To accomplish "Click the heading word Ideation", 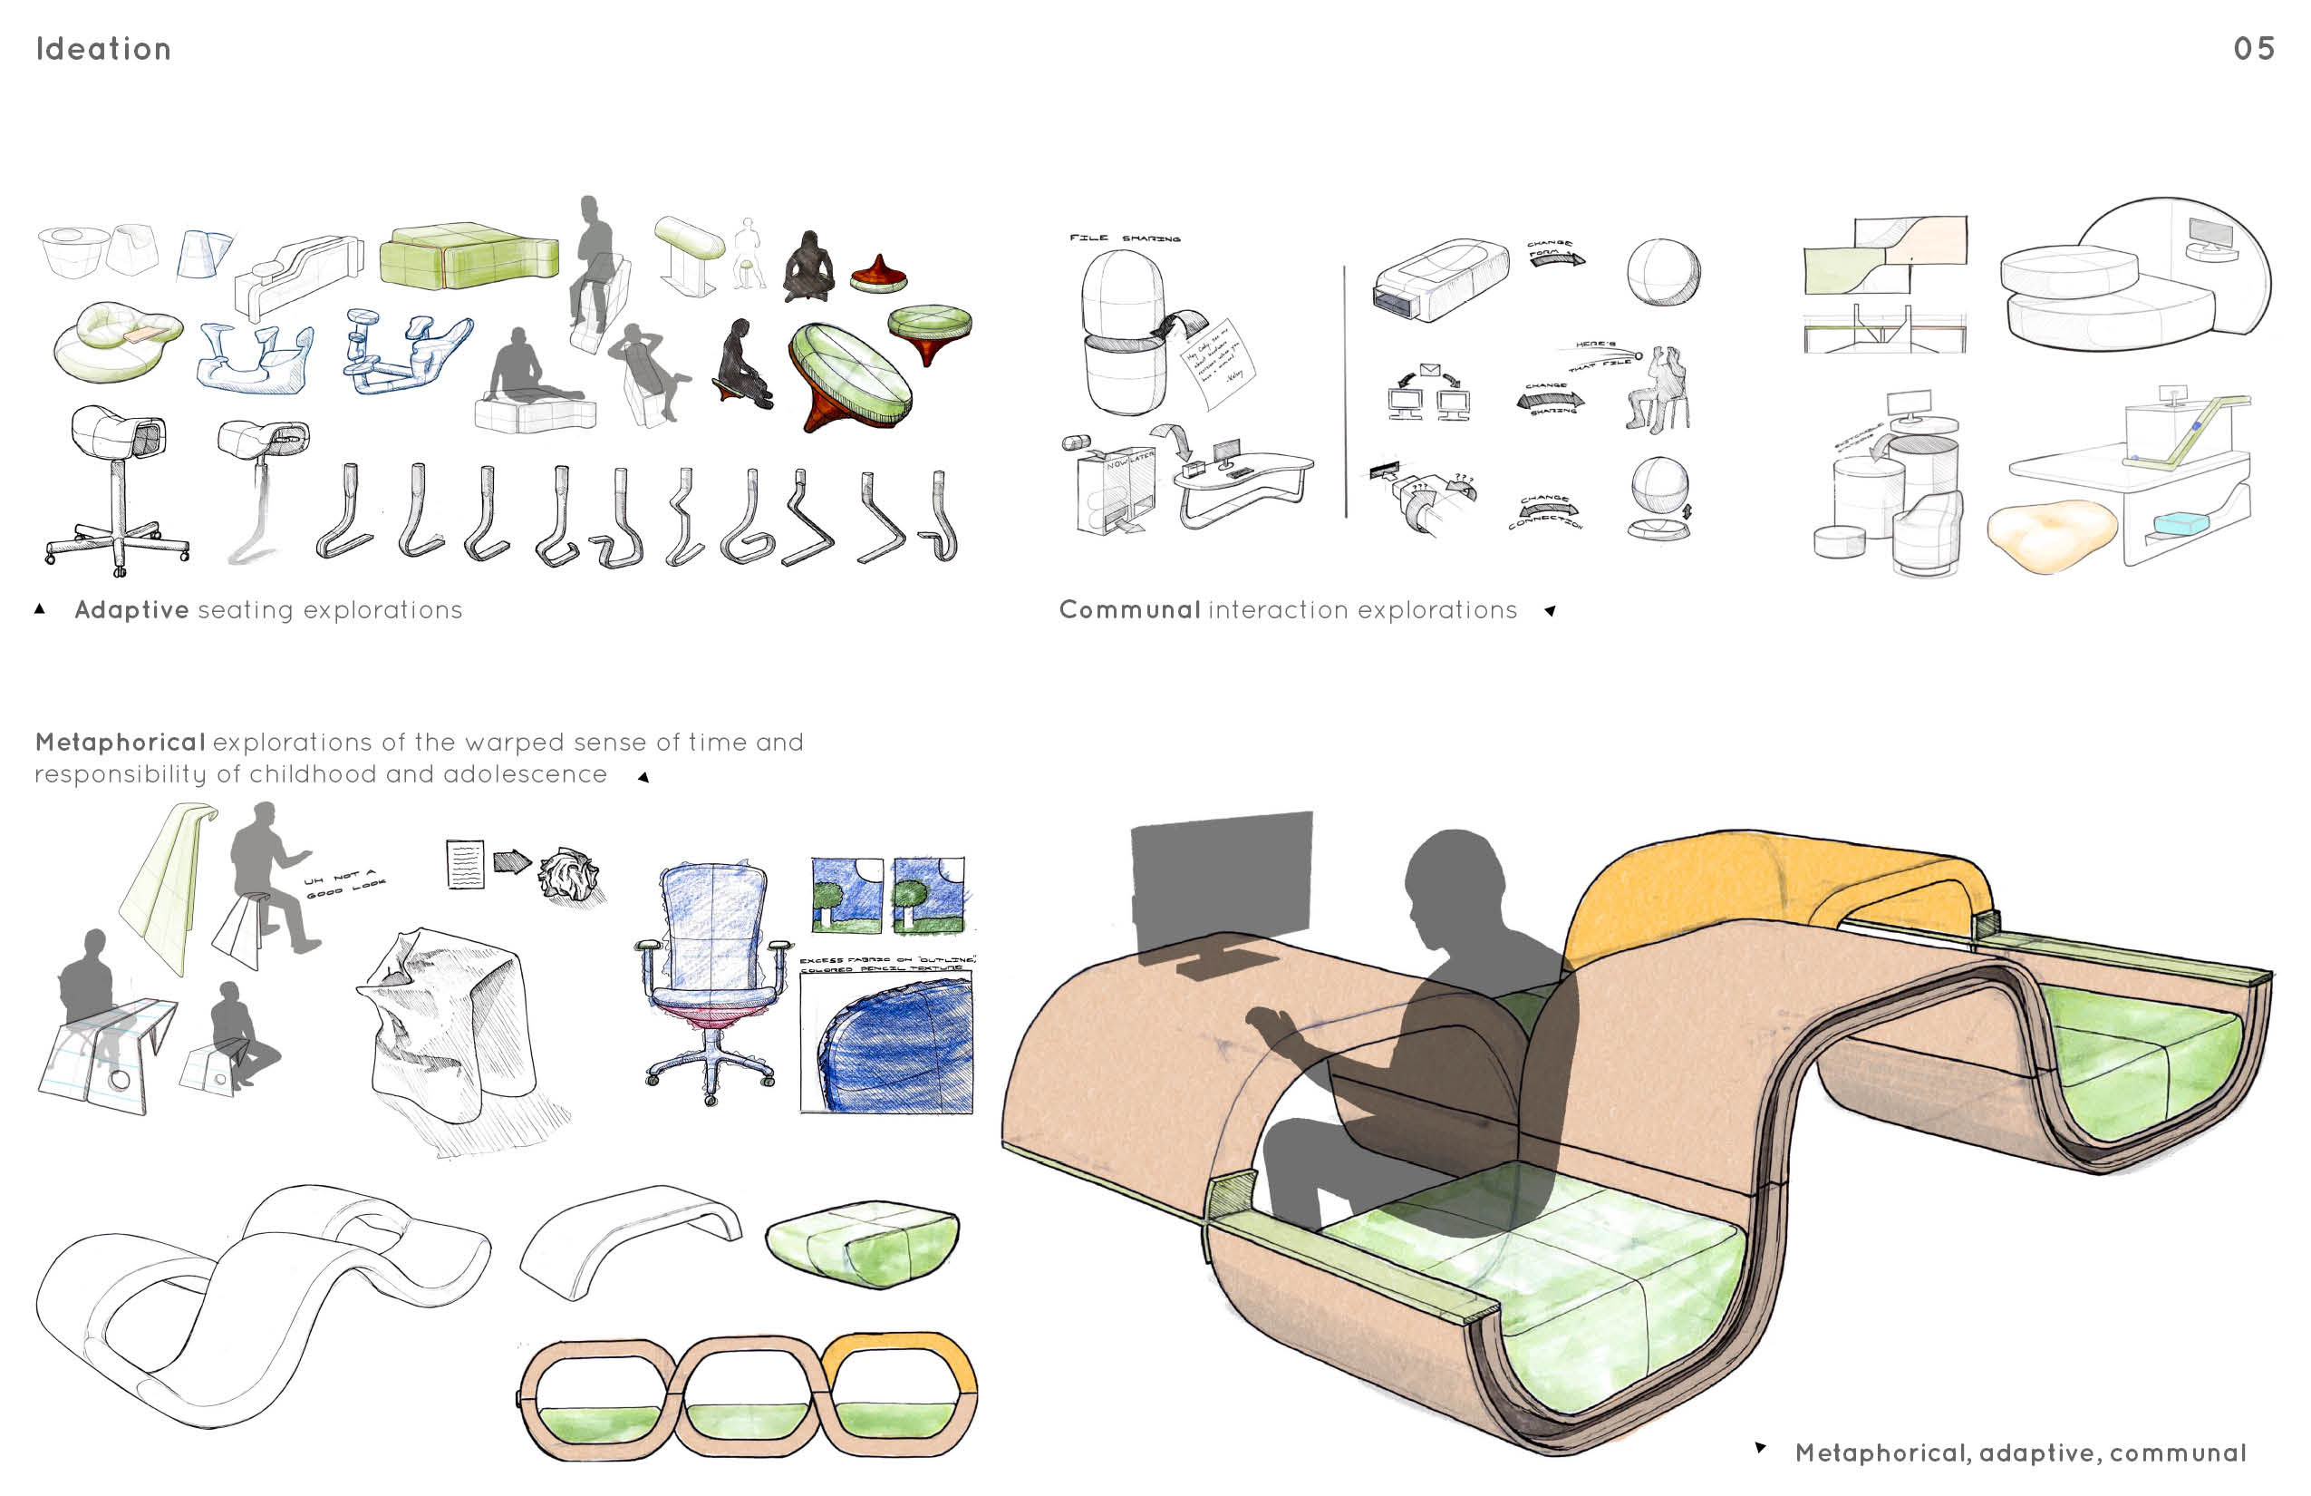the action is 103,49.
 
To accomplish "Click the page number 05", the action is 2253,49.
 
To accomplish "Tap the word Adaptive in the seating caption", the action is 131,610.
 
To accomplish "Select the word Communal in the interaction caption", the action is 1129,610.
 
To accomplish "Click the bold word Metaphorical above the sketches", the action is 120,743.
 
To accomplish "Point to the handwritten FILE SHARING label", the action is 1125,238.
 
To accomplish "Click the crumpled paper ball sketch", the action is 569,873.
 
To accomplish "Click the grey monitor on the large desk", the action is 1221,884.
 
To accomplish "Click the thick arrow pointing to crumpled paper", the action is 511,860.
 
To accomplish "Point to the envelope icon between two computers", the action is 1428,369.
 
